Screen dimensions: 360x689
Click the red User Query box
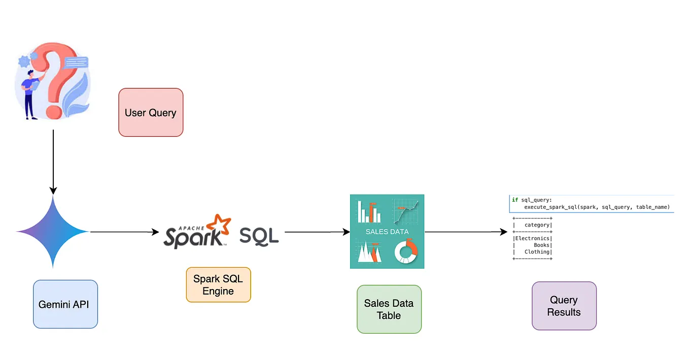tap(151, 113)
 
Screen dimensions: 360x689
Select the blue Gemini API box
tap(65, 304)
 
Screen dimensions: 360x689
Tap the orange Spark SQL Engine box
tap(218, 285)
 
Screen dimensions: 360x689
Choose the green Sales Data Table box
tap(389, 309)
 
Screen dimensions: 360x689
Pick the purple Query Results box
tap(564, 306)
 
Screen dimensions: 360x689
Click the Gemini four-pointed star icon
tap(53, 232)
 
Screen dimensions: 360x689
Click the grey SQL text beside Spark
tap(259, 236)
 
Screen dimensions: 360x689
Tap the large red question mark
tap(58, 76)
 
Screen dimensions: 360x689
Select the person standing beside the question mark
tap(30, 94)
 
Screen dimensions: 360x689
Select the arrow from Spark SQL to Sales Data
tap(317, 232)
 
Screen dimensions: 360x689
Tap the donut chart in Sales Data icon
tap(405, 251)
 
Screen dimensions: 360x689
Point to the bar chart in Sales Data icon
tap(369, 211)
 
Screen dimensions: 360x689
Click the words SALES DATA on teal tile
tap(387, 232)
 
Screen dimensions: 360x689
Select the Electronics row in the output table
tap(532, 238)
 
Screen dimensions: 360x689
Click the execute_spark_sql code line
tap(597, 207)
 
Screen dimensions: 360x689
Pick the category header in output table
tap(537, 225)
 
